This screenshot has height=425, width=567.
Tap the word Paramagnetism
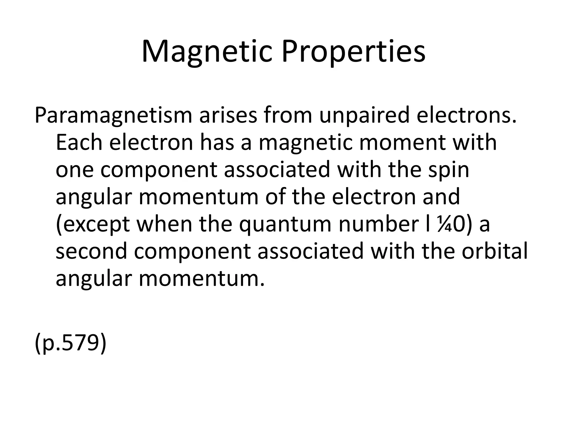coord(113,116)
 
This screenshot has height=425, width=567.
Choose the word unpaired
coord(364,116)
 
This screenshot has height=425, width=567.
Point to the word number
coord(378,224)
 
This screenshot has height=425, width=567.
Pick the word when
coord(164,224)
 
